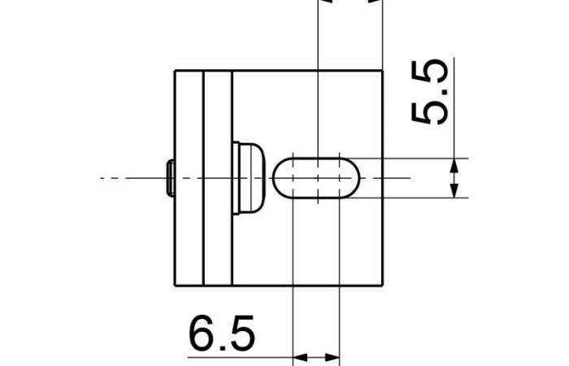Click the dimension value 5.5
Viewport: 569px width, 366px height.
(x=430, y=92)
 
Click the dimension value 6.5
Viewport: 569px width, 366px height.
(x=222, y=333)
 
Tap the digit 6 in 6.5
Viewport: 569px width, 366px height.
(x=202, y=333)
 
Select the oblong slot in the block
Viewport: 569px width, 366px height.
(x=316, y=178)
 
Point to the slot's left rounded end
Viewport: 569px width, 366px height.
(x=273, y=178)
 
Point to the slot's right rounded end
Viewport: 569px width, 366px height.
(x=359, y=178)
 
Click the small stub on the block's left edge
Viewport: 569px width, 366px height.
(x=171, y=178)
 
